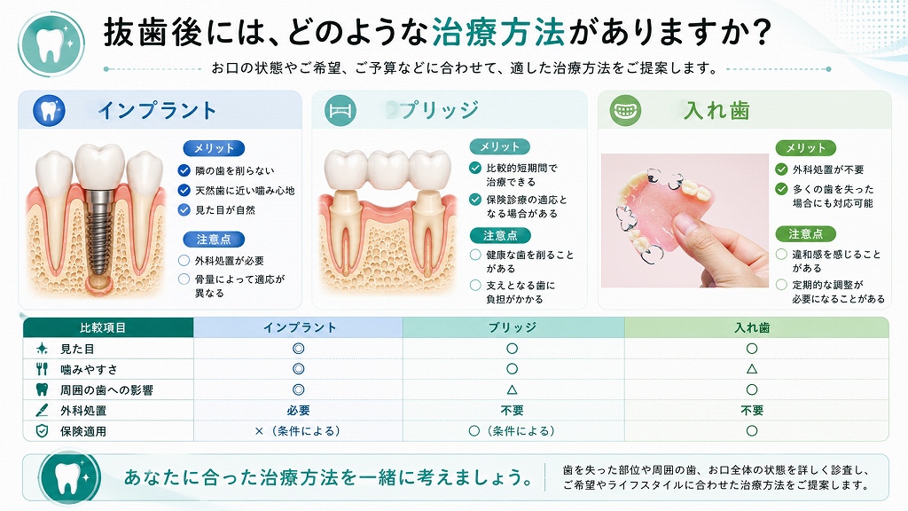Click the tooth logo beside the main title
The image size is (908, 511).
point(51,44)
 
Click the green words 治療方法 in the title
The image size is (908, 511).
point(498,32)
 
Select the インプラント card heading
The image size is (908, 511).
point(157,110)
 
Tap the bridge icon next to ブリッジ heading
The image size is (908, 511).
point(340,111)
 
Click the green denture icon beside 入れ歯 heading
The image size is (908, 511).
point(625,110)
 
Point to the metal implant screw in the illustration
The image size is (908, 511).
point(99,231)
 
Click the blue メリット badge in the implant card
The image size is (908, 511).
point(214,148)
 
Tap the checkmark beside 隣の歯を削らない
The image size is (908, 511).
point(184,170)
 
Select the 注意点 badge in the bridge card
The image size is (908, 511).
point(500,235)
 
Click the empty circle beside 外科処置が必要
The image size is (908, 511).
point(184,260)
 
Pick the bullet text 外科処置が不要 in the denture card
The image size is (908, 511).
point(828,169)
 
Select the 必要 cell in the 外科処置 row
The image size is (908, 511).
point(298,410)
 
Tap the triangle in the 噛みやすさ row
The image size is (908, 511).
point(752,369)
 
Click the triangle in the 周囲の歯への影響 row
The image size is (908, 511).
point(512,390)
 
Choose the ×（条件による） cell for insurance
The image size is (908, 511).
point(298,431)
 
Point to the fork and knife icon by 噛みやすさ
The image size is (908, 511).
point(42,369)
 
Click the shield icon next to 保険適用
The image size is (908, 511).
point(42,431)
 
